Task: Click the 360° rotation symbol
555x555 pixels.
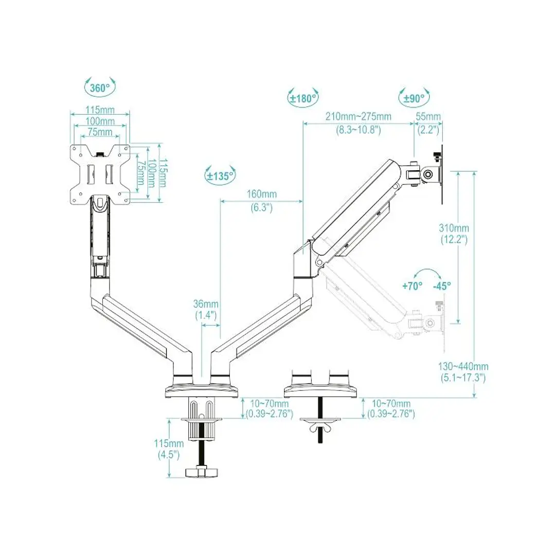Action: pyautogui.click(x=100, y=88)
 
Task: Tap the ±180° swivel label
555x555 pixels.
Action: pyautogui.click(x=302, y=98)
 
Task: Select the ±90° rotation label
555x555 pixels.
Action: pyautogui.click(x=414, y=98)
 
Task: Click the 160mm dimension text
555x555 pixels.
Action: pyautogui.click(x=262, y=194)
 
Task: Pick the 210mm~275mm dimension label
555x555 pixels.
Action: pyautogui.click(x=359, y=117)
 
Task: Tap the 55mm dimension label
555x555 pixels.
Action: pyautogui.click(x=428, y=117)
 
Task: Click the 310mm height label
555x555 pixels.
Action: pyautogui.click(x=454, y=228)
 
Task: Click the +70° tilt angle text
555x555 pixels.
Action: pyautogui.click(x=412, y=286)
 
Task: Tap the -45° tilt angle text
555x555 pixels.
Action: pyautogui.click(x=441, y=286)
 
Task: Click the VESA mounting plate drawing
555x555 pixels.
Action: pyautogui.click(x=100, y=174)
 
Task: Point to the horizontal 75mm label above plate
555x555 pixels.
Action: pyautogui.click(x=100, y=132)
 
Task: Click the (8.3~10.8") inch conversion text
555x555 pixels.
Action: pyautogui.click(x=359, y=130)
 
